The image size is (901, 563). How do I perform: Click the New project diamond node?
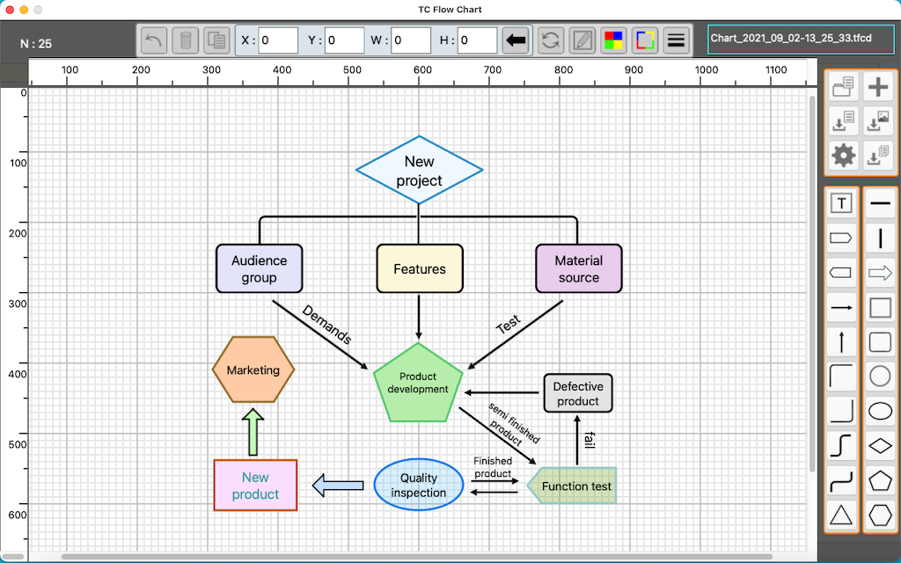[420, 170]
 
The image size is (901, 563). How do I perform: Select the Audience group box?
[260, 268]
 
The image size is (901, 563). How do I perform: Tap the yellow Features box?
[420, 268]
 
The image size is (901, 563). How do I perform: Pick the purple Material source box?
[579, 268]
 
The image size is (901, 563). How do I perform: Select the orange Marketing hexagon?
[253, 369]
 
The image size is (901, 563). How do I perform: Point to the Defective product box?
[578, 393]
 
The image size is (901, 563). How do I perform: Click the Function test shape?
[572, 486]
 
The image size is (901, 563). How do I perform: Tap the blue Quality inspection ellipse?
[419, 485]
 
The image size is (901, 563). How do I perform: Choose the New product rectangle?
[256, 485]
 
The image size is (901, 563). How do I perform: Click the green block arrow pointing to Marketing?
[253, 432]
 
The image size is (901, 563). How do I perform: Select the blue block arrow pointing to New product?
[338, 486]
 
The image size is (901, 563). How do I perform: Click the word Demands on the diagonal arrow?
[326, 325]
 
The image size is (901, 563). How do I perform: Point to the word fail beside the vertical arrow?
[590, 440]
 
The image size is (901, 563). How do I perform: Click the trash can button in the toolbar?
[186, 40]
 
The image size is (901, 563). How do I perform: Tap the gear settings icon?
[844, 155]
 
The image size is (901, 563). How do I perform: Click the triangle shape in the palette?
[842, 514]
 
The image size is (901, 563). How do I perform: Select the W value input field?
[411, 40]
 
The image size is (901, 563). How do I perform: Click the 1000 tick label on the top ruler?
[707, 70]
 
